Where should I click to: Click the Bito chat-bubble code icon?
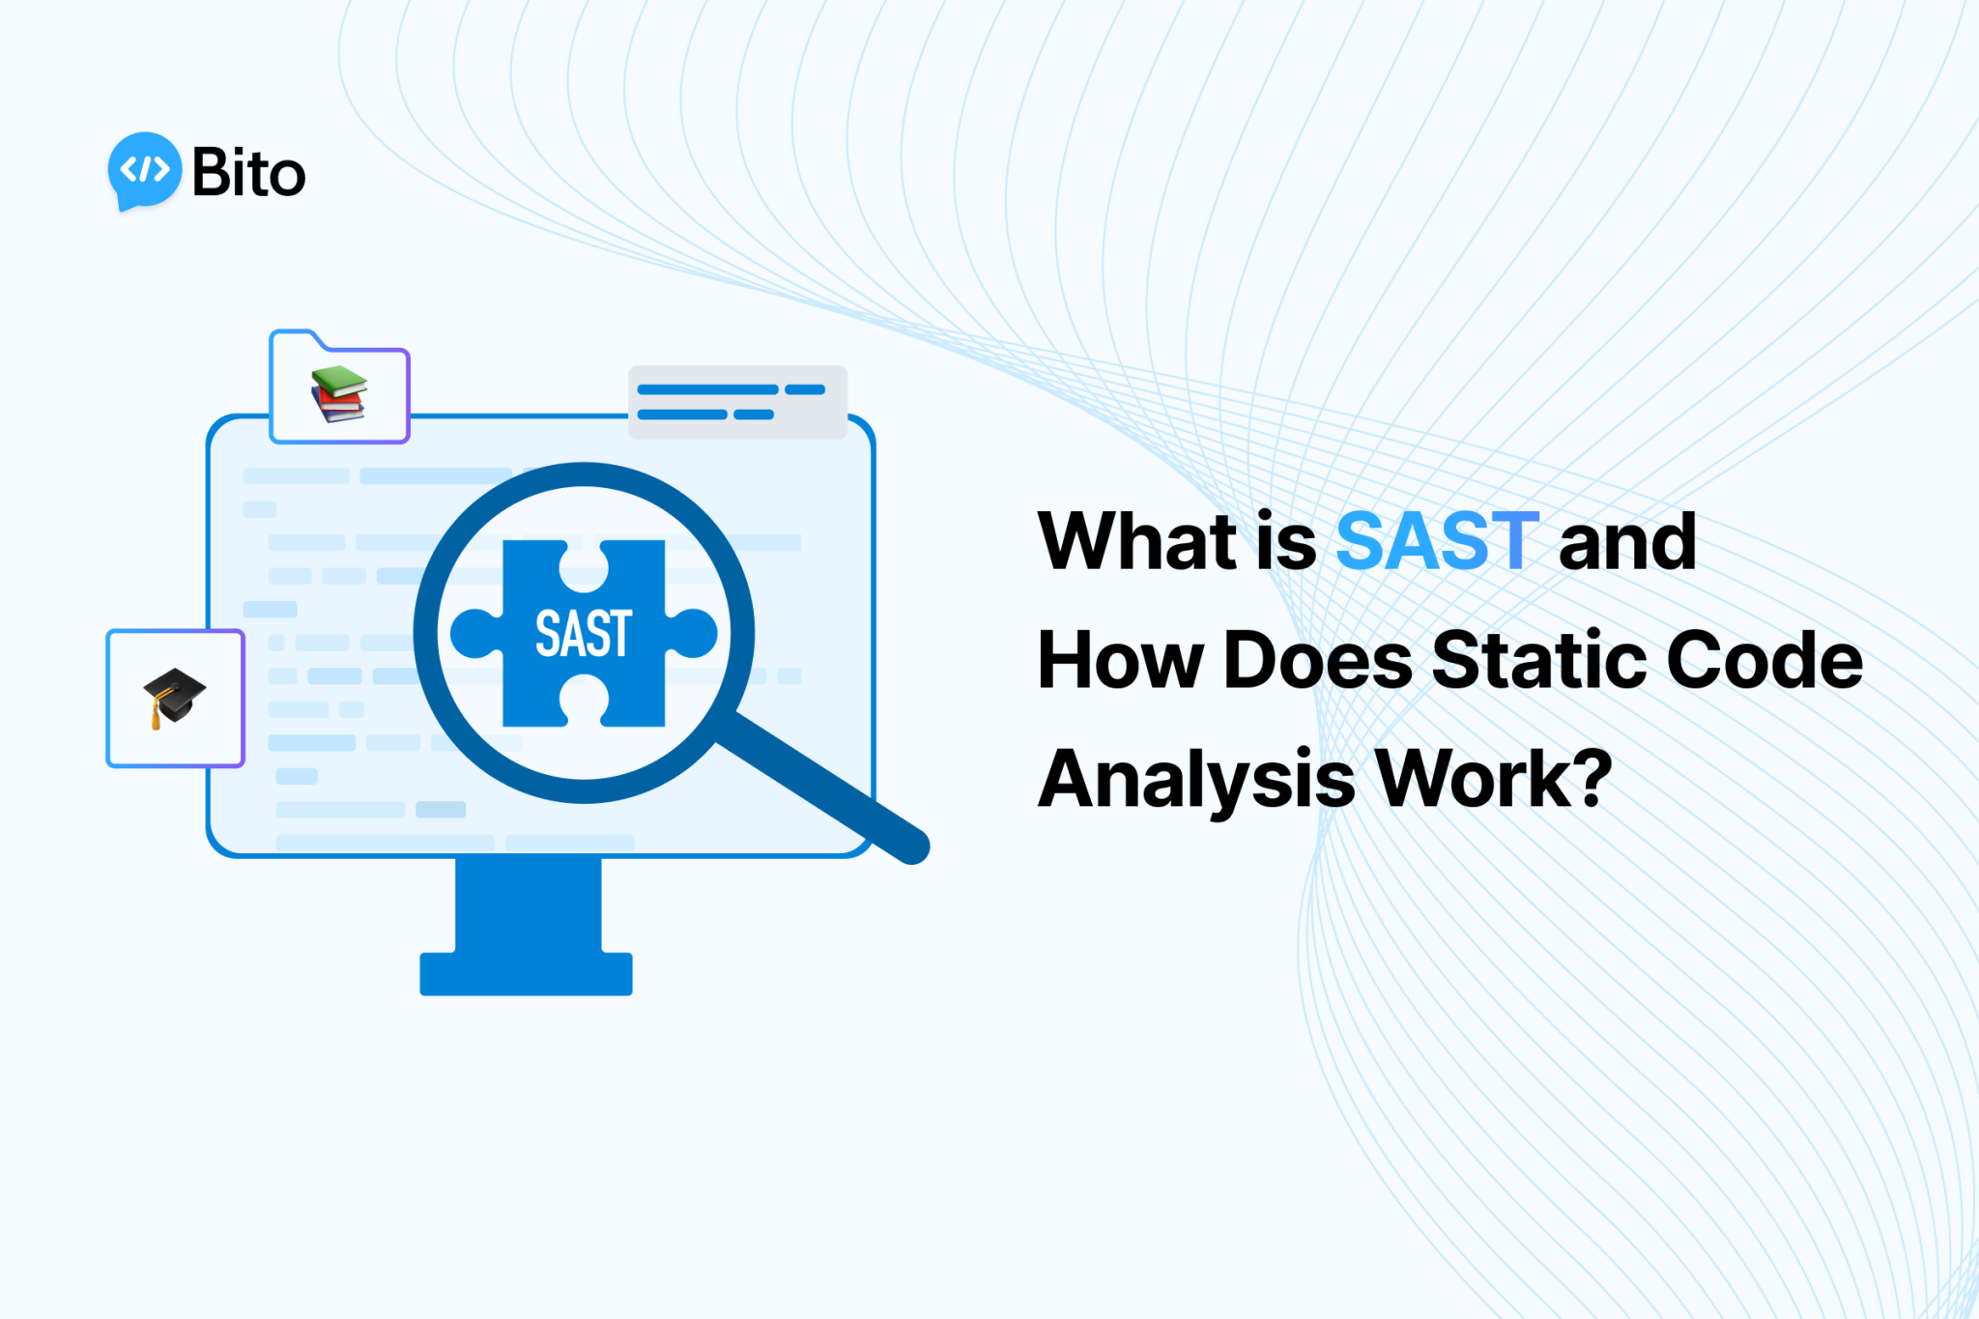point(144,170)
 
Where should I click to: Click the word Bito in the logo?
point(248,173)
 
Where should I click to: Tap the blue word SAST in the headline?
point(1436,542)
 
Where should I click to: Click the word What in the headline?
point(1136,542)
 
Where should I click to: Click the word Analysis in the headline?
point(1196,781)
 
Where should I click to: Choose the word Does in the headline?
point(1318,661)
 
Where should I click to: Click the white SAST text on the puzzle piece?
point(584,635)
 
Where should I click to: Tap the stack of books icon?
point(338,394)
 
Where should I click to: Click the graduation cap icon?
point(174,697)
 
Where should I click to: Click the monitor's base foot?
point(526,974)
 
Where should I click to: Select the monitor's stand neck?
point(528,903)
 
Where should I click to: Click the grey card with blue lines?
point(737,402)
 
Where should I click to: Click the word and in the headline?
point(1627,542)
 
